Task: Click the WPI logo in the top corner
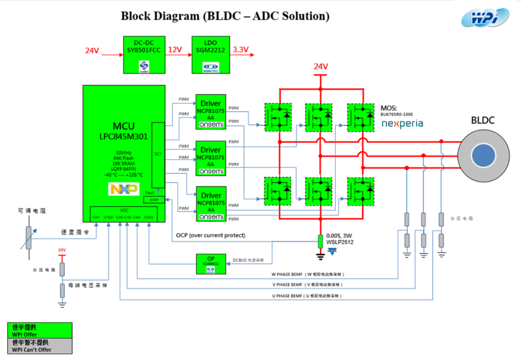click(484, 18)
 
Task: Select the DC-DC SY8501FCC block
click(144, 54)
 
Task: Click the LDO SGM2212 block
click(210, 54)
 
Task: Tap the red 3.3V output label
click(240, 50)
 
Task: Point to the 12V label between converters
click(175, 50)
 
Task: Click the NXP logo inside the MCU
click(124, 189)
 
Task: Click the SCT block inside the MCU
click(158, 155)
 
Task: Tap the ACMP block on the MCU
click(154, 200)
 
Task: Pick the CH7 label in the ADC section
click(96, 217)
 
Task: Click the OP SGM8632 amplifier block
click(211, 264)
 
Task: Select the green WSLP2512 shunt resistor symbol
click(320, 241)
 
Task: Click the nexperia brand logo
click(402, 124)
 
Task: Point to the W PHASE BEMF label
click(307, 274)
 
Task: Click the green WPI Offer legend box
click(40, 331)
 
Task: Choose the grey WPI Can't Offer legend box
click(40, 346)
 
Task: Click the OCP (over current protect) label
click(210, 235)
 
